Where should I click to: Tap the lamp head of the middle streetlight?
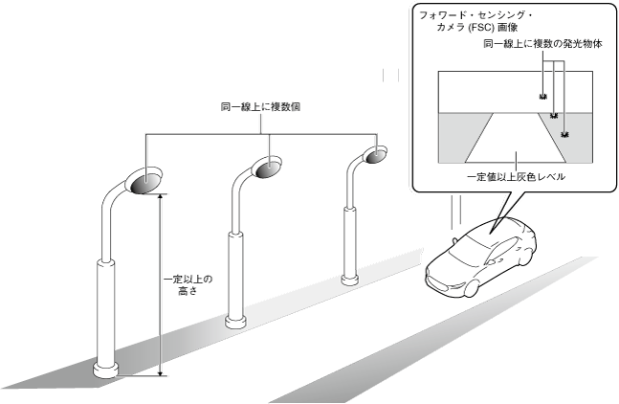(266, 166)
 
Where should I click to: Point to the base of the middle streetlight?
(236, 320)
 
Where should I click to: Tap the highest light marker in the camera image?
(542, 97)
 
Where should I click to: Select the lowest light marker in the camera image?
(565, 135)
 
